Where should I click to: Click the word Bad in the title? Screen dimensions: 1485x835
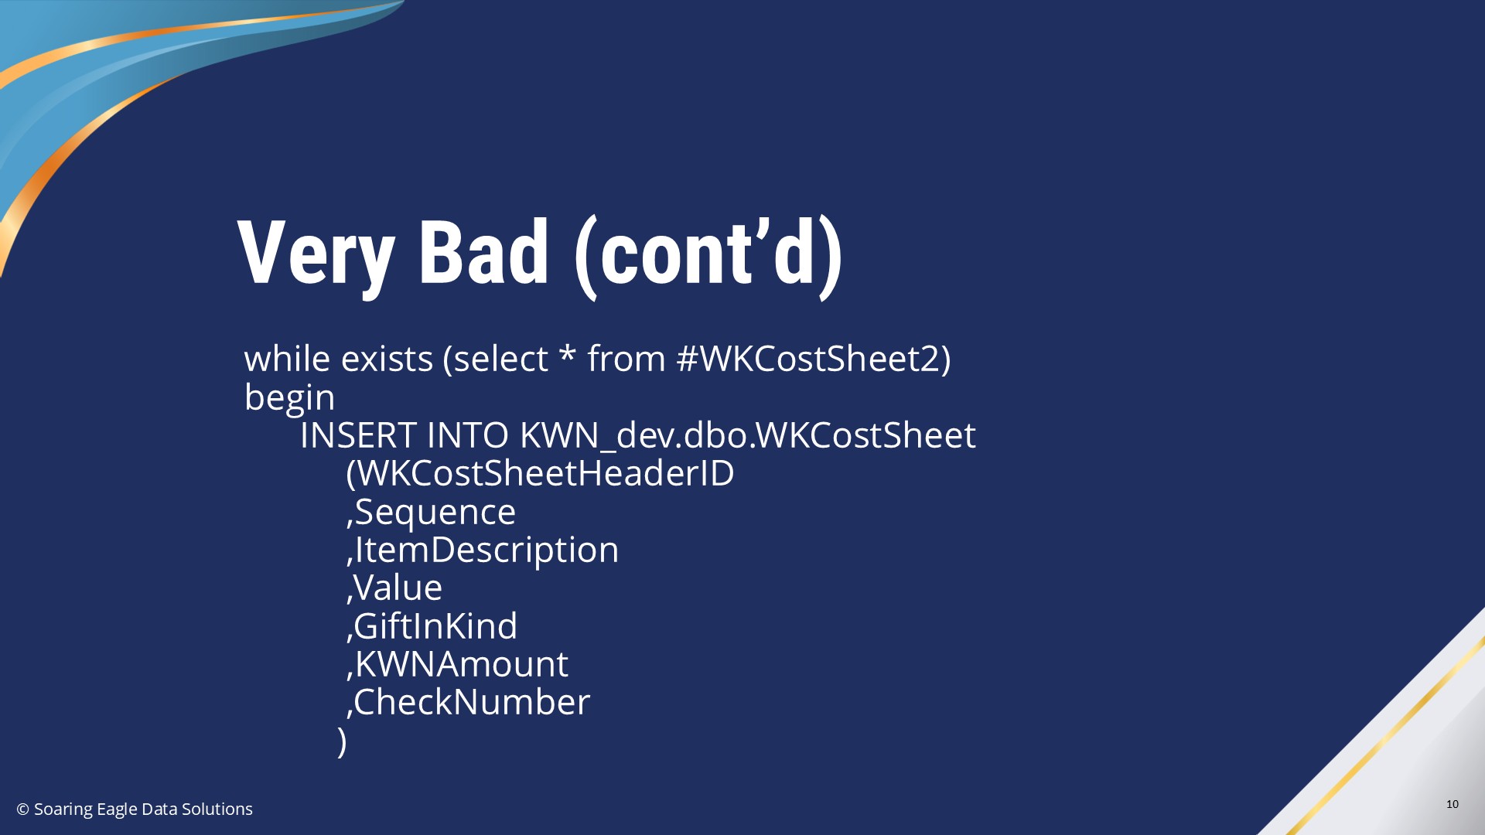483,251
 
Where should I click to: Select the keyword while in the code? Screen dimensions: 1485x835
287,359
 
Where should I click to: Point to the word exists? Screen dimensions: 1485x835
387,359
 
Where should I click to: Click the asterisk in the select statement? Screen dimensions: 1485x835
568,355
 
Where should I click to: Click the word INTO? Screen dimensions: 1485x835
467,435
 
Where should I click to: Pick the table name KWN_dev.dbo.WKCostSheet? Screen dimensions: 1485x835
747,435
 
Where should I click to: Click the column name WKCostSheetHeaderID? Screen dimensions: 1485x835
545,473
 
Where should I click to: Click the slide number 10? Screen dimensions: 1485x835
1452,804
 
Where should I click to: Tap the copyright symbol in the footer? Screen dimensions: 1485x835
23,809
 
